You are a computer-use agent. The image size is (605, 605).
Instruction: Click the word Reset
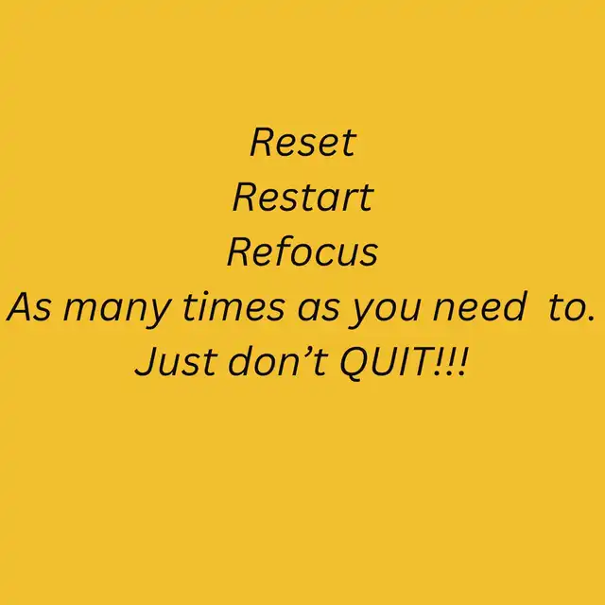tap(303, 142)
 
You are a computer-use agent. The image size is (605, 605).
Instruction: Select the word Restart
tap(303, 197)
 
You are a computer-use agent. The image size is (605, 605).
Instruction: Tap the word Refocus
tap(302, 251)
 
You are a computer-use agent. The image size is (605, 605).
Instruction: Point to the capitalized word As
tap(29, 307)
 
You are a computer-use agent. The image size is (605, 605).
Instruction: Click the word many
tap(117, 311)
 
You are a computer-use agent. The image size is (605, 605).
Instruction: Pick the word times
tap(233, 306)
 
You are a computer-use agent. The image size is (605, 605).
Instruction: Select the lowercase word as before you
tap(320, 311)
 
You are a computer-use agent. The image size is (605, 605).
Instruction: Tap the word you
tap(385, 311)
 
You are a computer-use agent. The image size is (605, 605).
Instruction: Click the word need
tap(480, 306)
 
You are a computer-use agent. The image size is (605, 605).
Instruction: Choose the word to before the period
tap(565, 308)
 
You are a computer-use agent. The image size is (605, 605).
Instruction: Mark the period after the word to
tap(590, 318)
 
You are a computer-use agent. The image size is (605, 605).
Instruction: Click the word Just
tap(177, 361)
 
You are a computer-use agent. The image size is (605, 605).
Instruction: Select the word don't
tap(278, 361)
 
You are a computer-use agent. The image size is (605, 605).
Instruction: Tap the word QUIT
tap(386, 362)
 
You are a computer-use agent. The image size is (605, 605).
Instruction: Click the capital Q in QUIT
tap(354, 363)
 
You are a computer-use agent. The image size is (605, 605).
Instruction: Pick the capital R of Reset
tap(264, 142)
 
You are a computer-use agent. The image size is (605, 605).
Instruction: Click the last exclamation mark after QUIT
tap(463, 362)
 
